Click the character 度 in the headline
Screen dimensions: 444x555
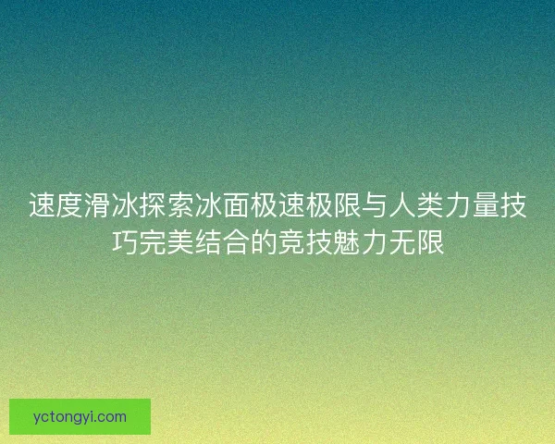click(x=69, y=205)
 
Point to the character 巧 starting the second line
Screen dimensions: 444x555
click(x=125, y=242)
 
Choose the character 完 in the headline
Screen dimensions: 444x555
click(x=153, y=242)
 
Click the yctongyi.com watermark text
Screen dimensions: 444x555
click(x=80, y=416)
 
